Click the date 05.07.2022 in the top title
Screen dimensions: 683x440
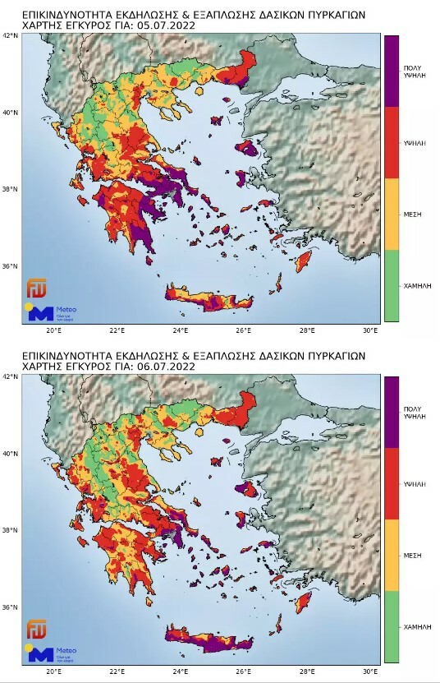click(x=168, y=25)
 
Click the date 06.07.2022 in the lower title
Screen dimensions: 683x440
click(x=168, y=366)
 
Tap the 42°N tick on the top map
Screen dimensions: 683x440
click(x=9, y=36)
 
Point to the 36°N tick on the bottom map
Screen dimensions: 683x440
click(x=9, y=608)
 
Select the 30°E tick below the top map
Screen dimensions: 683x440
click(x=370, y=330)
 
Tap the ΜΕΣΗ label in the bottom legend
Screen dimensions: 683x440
click(x=413, y=554)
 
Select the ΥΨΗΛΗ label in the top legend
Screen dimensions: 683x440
click(x=413, y=142)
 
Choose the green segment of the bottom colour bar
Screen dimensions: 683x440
click(x=392, y=626)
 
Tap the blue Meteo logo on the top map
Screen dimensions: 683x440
click(x=41, y=312)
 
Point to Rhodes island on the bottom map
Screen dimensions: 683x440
click(x=306, y=604)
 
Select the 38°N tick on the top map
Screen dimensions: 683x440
click(x=9, y=190)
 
